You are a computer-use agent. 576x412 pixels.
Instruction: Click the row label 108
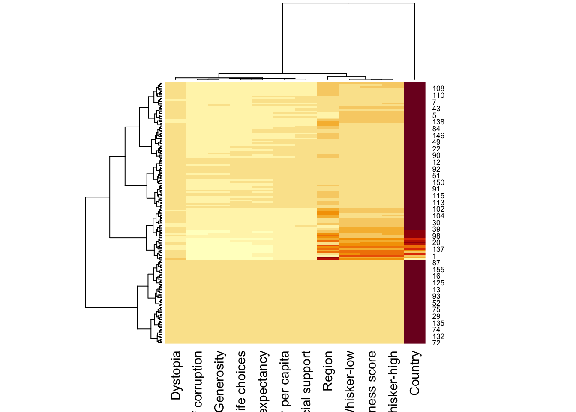[x=438, y=89]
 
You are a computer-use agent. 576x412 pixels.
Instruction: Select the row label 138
[x=438, y=122]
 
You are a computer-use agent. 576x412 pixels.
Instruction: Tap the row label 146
[x=438, y=136]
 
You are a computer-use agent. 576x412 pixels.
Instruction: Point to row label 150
[x=438, y=182]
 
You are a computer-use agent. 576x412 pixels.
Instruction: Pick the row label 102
[x=438, y=209]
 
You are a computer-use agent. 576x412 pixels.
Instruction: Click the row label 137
[x=438, y=249]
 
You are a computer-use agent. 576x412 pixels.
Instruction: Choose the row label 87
[x=436, y=263]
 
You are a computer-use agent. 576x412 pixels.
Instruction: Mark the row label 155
[x=438, y=270]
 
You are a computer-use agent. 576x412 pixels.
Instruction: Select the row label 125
[x=438, y=283]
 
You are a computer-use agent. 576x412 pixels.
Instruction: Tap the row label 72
[x=436, y=343]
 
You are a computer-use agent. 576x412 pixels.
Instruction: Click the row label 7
[x=434, y=102]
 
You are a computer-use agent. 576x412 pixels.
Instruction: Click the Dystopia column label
[x=176, y=376]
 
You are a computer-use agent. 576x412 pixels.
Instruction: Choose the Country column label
[x=414, y=373]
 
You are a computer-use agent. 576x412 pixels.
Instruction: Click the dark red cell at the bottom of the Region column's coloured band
[x=327, y=258]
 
